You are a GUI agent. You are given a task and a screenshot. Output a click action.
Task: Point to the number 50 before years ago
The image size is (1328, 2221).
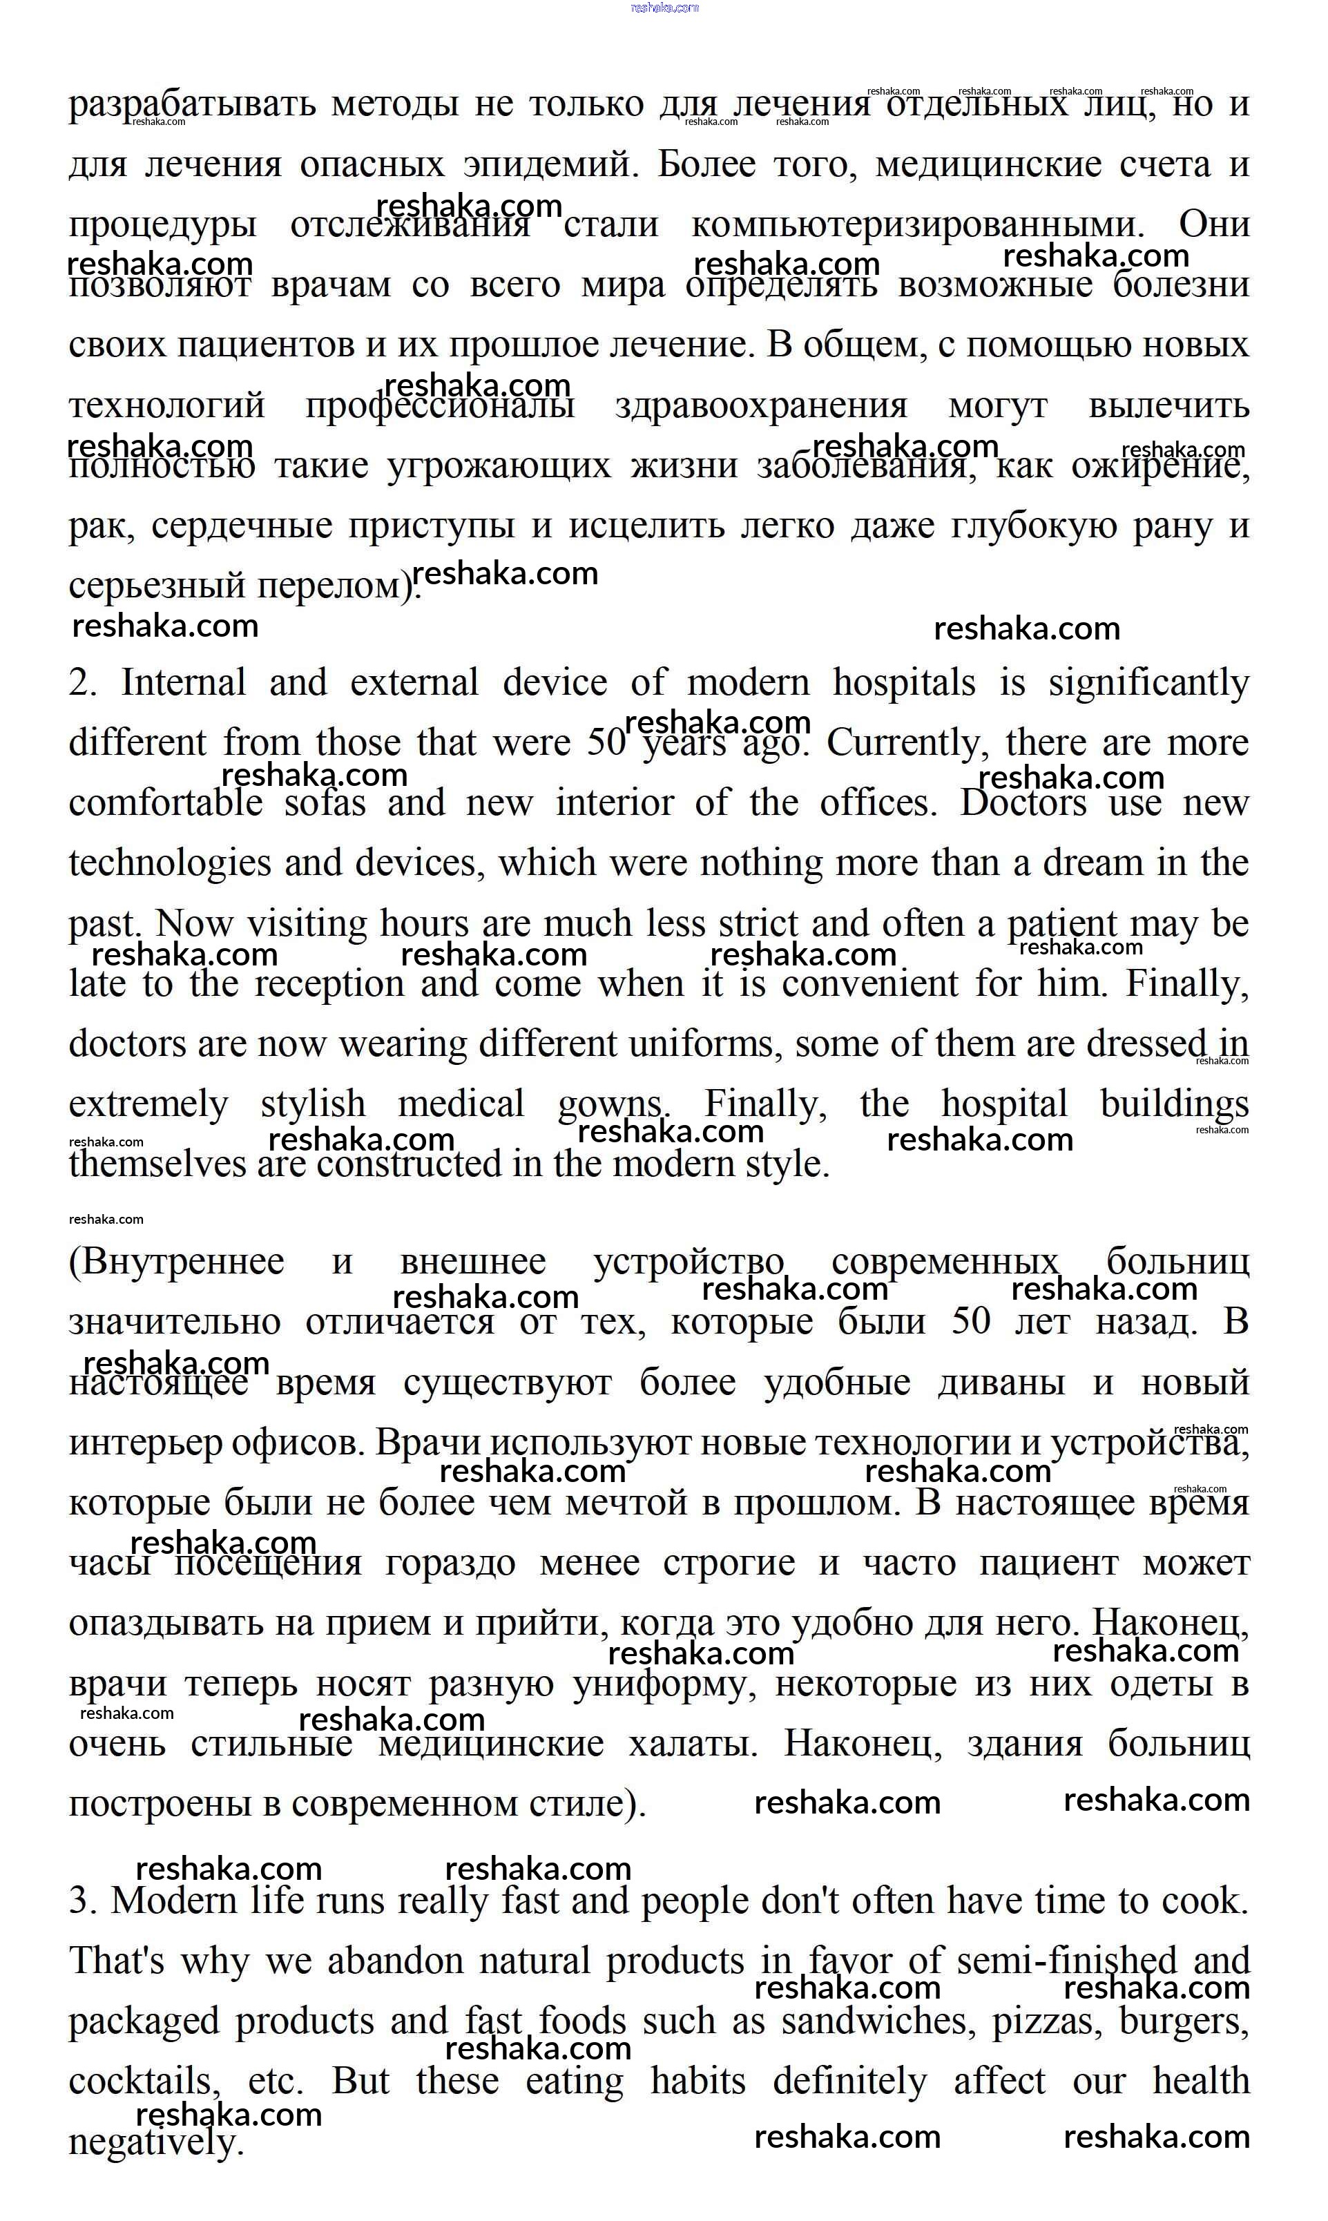(608, 742)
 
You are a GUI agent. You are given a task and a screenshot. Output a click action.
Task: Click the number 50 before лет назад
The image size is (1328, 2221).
(971, 1322)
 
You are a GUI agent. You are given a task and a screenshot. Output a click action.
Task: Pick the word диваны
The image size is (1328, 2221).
(1001, 1383)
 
